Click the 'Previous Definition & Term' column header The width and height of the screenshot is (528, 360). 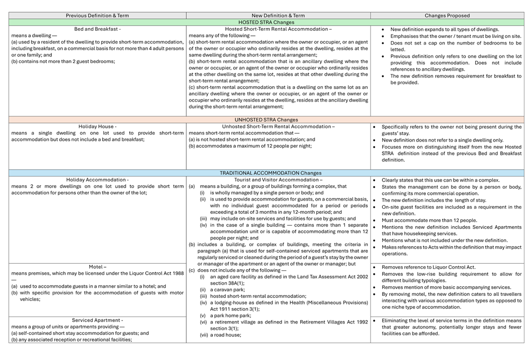(97, 16)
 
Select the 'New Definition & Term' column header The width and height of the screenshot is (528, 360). (278, 16)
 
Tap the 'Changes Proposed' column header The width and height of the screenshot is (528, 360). (447, 16)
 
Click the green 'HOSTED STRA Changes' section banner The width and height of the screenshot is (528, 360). (266, 23)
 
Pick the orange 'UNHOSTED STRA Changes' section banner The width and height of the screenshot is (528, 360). (266, 119)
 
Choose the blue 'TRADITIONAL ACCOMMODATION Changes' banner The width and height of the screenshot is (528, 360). (266, 173)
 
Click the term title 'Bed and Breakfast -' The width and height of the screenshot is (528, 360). (97, 29)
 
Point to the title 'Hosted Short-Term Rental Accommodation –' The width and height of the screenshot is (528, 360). (278, 29)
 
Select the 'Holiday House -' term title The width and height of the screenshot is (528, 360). (97, 126)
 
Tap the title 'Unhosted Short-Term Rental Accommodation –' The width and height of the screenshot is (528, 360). (278, 126)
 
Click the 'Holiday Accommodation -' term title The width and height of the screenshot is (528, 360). (97, 180)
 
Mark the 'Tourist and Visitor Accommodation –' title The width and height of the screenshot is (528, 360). (278, 180)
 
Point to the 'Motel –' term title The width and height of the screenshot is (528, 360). (97, 267)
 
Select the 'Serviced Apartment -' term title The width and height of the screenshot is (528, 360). (97, 320)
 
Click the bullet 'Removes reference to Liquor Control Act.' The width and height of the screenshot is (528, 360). (428, 267)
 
